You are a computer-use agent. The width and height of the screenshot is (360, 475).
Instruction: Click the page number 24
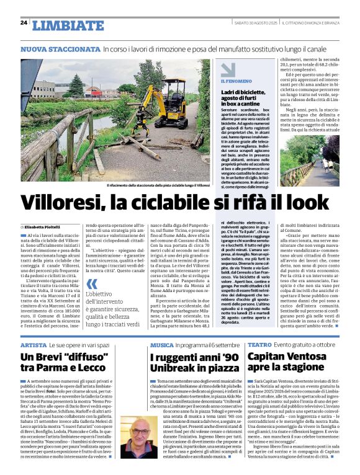(24, 22)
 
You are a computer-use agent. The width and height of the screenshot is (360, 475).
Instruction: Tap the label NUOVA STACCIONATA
(60, 48)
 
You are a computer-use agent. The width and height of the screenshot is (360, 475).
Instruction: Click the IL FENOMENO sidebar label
(236, 81)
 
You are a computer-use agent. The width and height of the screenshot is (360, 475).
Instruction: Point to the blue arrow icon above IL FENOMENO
(228, 69)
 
